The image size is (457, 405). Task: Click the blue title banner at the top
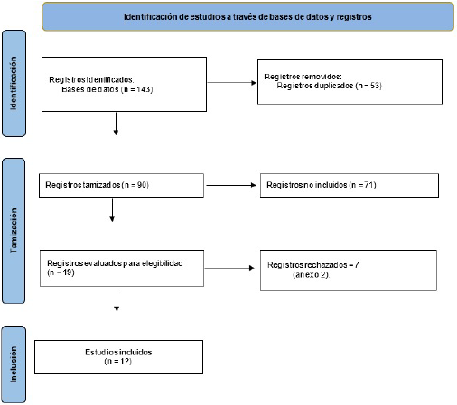click(x=247, y=16)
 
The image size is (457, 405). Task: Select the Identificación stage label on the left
click(x=14, y=83)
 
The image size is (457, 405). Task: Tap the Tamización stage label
click(x=14, y=231)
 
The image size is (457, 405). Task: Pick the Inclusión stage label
click(x=14, y=364)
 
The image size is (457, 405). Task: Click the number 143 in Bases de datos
click(x=144, y=89)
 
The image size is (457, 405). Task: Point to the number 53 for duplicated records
click(x=375, y=86)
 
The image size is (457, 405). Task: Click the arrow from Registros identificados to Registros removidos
click(x=232, y=82)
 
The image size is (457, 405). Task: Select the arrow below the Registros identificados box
click(x=116, y=124)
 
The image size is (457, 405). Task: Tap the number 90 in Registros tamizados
click(x=142, y=185)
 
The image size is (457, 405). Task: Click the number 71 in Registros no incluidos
click(x=369, y=185)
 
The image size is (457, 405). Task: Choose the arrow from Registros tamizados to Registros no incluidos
click(x=231, y=185)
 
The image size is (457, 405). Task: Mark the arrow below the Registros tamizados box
click(x=112, y=210)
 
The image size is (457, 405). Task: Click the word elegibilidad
click(x=163, y=263)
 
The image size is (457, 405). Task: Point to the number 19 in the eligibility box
click(x=67, y=272)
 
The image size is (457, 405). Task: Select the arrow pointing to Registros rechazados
click(x=229, y=268)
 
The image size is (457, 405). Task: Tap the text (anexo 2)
click(x=311, y=274)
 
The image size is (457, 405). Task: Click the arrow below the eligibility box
click(x=117, y=299)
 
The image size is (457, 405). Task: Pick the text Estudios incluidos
click(x=118, y=352)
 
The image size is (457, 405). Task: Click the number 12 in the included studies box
click(x=125, y=361)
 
